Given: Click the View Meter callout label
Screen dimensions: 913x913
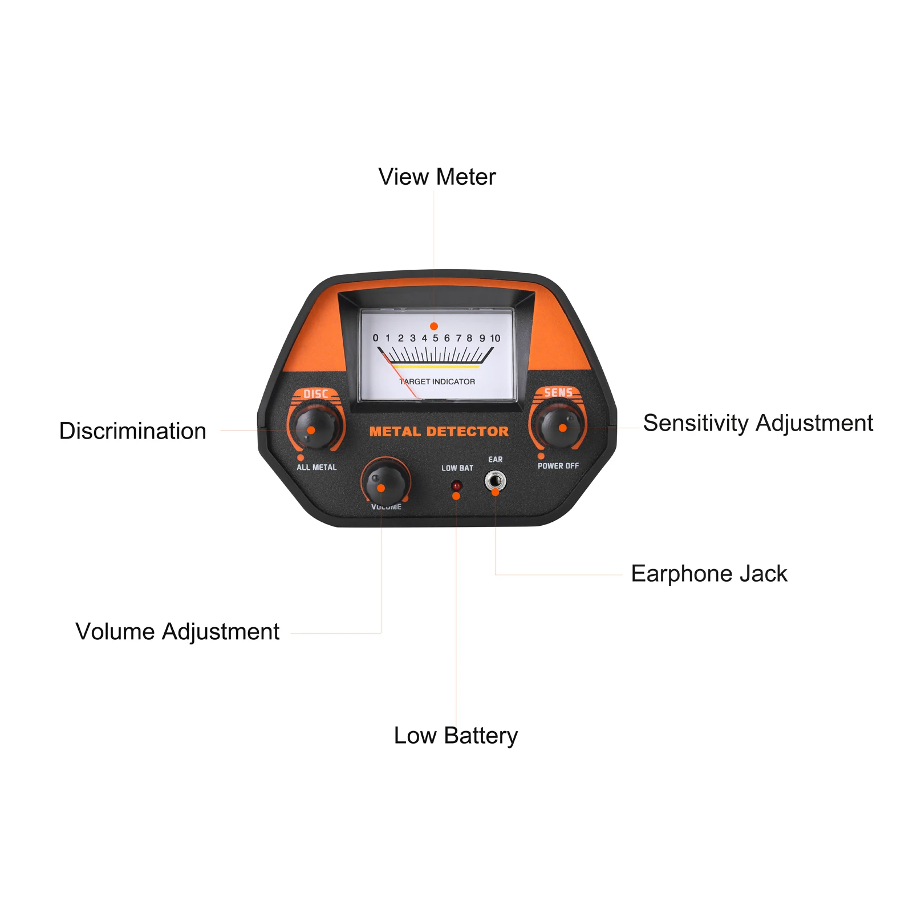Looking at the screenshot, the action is tap(437, 177).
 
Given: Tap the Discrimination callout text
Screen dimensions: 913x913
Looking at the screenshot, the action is tap(133, 431).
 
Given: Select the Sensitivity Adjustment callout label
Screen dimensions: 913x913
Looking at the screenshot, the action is tap(758, 423).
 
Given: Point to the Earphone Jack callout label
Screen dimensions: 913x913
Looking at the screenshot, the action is tap(709, 574).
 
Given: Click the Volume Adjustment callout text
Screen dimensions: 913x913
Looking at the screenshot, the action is tap(177, 632).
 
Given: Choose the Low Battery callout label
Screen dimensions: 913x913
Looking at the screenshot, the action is tap(456, 736).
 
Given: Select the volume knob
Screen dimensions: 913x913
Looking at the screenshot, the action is tap(385, 482).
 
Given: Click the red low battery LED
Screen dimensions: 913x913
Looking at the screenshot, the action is tap(456, 486).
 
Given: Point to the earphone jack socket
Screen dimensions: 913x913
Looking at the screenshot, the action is tap(495, 481).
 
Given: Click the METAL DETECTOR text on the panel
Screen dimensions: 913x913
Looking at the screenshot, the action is tap(439, 432).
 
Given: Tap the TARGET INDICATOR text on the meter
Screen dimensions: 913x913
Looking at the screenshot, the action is tap(437, 382).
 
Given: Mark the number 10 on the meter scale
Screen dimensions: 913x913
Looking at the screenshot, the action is tap(495, 338).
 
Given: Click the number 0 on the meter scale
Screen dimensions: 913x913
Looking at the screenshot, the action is tap(375, 338).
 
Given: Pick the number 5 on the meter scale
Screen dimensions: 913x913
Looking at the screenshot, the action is tap(435, 338).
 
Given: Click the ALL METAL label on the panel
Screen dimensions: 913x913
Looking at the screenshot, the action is tap(316, 467).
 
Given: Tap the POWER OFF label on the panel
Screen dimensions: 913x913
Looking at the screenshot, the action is tap(558, 466).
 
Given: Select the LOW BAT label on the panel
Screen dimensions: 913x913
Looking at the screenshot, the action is tap(457, 468).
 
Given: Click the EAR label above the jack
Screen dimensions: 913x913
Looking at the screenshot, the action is tap(496, 459).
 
